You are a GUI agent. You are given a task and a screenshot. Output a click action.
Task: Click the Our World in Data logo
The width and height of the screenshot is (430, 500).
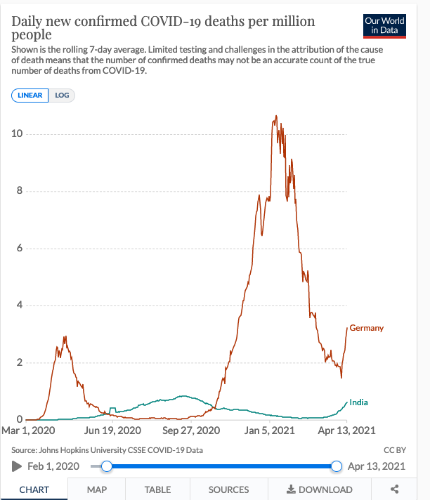point(384,25)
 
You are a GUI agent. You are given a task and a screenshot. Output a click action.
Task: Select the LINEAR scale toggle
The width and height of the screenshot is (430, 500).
point(30,96)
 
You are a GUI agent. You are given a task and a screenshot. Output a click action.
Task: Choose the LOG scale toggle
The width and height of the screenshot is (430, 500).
point(62,96)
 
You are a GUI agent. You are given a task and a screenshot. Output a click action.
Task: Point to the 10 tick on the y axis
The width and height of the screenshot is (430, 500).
point(21,133)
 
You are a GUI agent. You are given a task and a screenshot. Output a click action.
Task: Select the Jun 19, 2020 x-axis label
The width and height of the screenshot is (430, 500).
point(113,430)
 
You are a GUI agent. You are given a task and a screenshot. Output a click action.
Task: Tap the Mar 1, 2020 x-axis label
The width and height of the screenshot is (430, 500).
point(30,430)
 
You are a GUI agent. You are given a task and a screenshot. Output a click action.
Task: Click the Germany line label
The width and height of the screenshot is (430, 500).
point(367,328)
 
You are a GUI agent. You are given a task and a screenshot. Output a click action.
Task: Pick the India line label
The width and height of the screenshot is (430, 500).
point(358,402)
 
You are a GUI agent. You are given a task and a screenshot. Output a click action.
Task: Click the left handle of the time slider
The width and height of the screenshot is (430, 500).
point(106,466)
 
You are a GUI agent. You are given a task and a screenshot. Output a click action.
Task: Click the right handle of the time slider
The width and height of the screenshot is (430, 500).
point(337,466)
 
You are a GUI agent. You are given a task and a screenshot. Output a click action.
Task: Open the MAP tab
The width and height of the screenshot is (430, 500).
point(97,489)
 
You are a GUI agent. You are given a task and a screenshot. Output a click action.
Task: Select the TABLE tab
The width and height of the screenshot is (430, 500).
point(157,489)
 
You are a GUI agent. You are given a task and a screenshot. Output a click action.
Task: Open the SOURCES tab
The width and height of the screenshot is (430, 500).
point(228,489)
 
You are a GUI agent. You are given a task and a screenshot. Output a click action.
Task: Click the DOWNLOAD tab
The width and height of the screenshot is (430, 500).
point(320,489)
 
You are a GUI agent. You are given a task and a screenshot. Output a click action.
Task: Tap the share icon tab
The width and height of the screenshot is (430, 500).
point(394,489)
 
